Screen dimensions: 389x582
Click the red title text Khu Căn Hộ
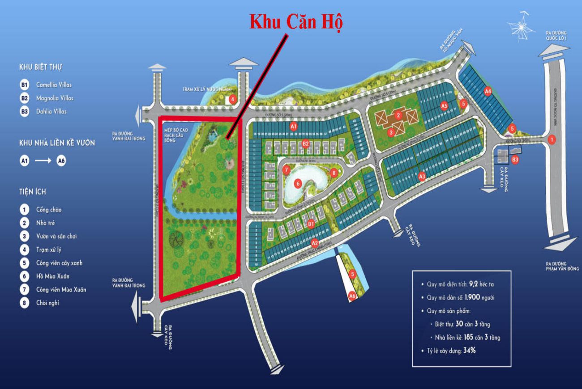click(295, 22)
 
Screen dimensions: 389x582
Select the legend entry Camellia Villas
click(54, 85)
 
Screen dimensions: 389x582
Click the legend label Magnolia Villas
click(55, 98)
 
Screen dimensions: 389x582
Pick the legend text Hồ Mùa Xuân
click(53, 276)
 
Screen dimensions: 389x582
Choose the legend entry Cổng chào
click(49, 209)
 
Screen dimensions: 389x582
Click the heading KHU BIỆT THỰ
click(40, 67)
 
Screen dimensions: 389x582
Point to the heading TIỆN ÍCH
click(32, 192)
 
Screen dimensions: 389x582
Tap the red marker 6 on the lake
click(297, 182)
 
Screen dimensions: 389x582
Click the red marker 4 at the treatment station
click(232, 99)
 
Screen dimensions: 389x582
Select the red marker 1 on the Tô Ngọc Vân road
click(552, 140)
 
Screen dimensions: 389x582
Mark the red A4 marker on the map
click(488, 91)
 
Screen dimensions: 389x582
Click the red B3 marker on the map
click(515, 160)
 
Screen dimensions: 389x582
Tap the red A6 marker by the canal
click(352, 296)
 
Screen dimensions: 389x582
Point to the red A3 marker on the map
click(421, 177)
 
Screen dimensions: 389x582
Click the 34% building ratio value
click(470, 351)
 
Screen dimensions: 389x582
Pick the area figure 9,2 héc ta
click(481, 284)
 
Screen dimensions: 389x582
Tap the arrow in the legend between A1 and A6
click(43, 161)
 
